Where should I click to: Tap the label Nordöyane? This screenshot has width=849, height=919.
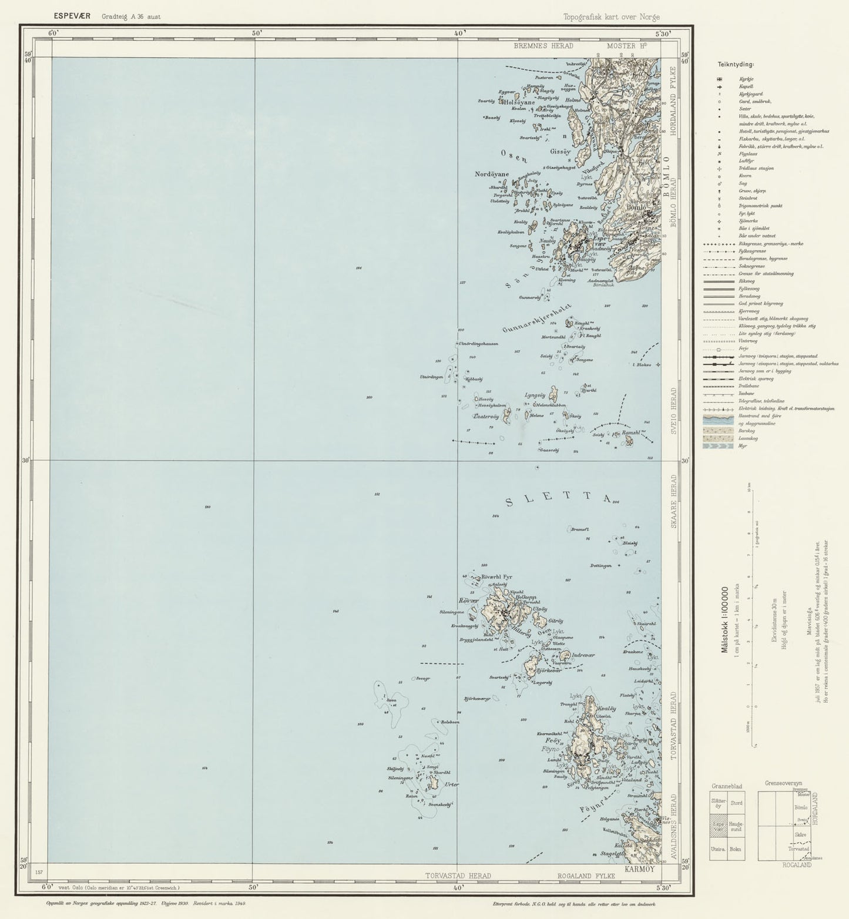[x=492, y=175]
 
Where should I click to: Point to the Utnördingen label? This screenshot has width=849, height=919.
[x=431, y=377]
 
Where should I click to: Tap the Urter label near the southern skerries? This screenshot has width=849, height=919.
[x=452, y=784]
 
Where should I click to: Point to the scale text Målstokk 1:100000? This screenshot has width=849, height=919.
[x=724, y=619]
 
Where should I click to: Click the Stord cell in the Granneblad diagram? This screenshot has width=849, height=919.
[x=736, y=803]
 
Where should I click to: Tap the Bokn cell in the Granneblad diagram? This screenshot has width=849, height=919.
[x=735, y=849]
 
